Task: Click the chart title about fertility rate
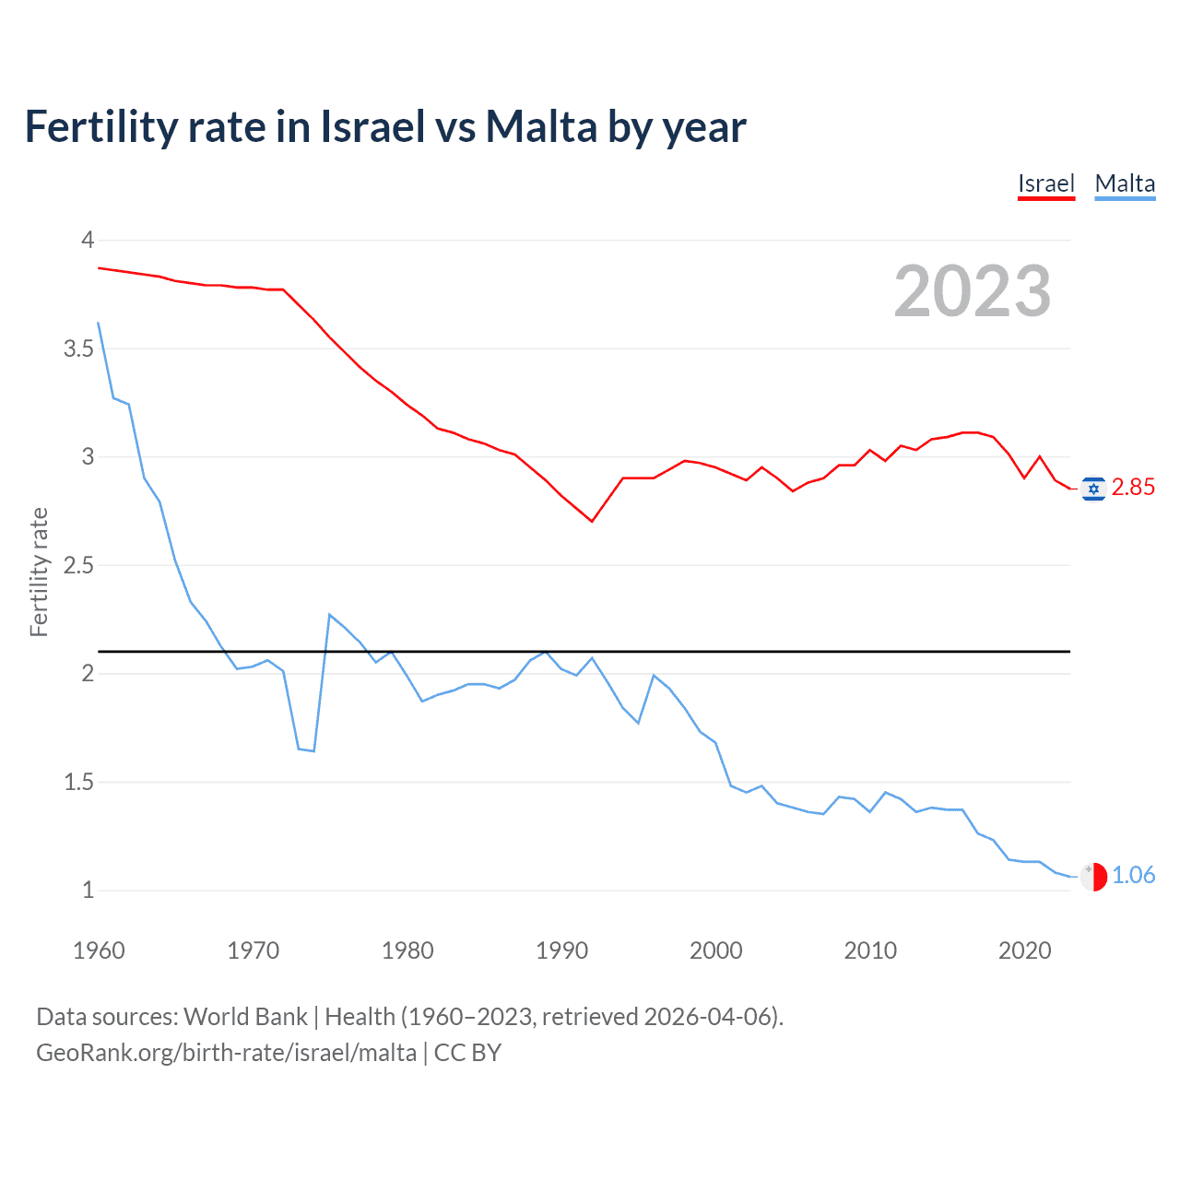[385, 127]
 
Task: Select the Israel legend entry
[1045, 183]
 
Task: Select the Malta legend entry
[1125, 183]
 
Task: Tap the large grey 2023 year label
[972, 291]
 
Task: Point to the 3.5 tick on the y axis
[78, 348]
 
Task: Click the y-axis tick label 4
[88, 241]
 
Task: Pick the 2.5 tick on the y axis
[78, 565]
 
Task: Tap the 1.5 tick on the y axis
[78, 782]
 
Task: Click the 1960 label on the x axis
[99, 950]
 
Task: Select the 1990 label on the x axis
[561, 950]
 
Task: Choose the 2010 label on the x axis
[870, 950]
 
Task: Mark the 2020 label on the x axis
[1024, 950]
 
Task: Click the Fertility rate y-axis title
[39, 572]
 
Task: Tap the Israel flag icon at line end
[1093, 489]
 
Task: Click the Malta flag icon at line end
[1093, 876]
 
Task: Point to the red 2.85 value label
[1133, 488]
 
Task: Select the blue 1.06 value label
[1133, 875]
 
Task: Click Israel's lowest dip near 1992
[592, 522]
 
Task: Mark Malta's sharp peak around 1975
[330, 615]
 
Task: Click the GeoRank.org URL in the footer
[226, 1053]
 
